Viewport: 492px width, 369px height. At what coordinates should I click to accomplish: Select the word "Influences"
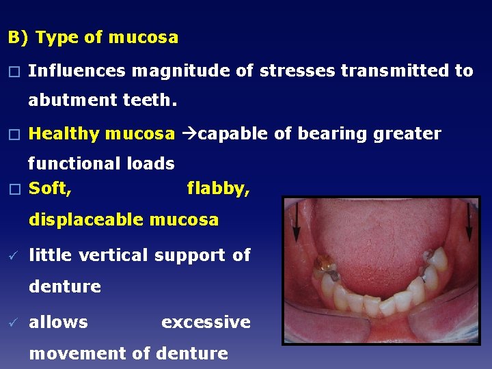tap(77, 70)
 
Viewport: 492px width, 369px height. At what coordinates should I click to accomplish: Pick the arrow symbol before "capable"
tap(187, 134)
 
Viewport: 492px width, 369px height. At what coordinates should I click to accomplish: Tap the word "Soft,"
tap(50, 188)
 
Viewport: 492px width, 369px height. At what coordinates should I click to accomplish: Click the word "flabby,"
tap(218, 189)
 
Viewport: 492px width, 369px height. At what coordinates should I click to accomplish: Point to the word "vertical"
tap(113, 256)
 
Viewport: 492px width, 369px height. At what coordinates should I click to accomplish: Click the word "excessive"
tap(206, 323)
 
